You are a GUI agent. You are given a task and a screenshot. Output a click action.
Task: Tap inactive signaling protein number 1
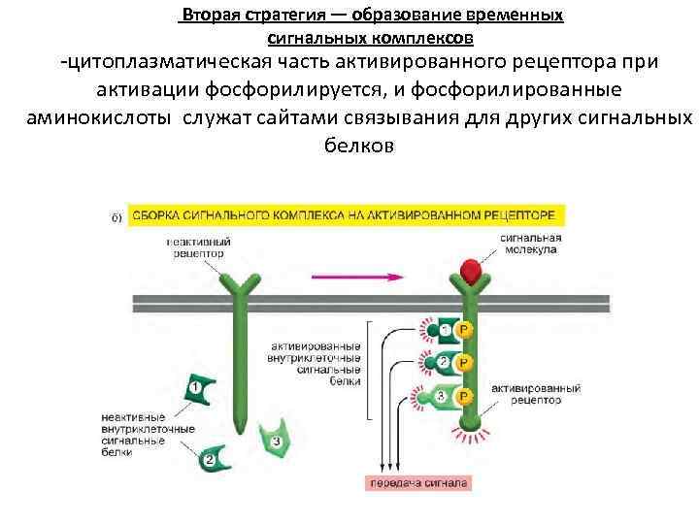tap(194, 390)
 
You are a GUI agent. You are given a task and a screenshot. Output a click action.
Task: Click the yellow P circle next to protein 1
tap(465, 332)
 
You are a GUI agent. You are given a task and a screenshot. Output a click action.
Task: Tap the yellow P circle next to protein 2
tap(465, 363)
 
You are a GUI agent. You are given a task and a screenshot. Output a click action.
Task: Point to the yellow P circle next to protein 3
tap(465, 396)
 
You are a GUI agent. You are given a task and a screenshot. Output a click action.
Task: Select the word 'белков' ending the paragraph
tap(356, 147)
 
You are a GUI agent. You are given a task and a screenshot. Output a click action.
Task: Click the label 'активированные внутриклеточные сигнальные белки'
tap(316, 364)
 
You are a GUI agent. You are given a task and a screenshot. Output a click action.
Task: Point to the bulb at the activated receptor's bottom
tap(468, 424)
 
